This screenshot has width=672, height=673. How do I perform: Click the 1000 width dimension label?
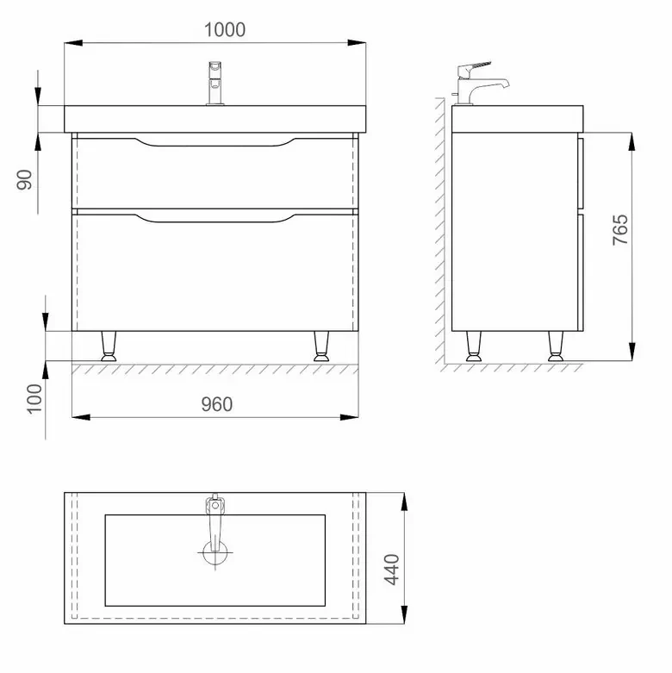pyautogui.click(x=224, y=29)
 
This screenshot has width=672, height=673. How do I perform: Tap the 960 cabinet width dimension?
pyautogui.click(x=217, y=404)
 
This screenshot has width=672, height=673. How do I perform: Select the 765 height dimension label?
pyautogui.click(x=620, y=229)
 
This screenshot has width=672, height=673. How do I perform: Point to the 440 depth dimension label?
pyautogui.click(x=391, y=570)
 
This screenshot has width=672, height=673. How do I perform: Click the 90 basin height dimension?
pyautogui.click(x=24, y=180)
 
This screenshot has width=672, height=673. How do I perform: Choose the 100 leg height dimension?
pyautogui.click(x=34, y=399)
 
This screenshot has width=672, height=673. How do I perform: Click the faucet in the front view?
pyautogui.click(x=215, y=84)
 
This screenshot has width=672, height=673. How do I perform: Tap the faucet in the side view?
pyautogui.click(x=480, y=84)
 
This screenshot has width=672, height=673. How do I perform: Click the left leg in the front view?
pyautogui.click(x=109, y=346)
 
